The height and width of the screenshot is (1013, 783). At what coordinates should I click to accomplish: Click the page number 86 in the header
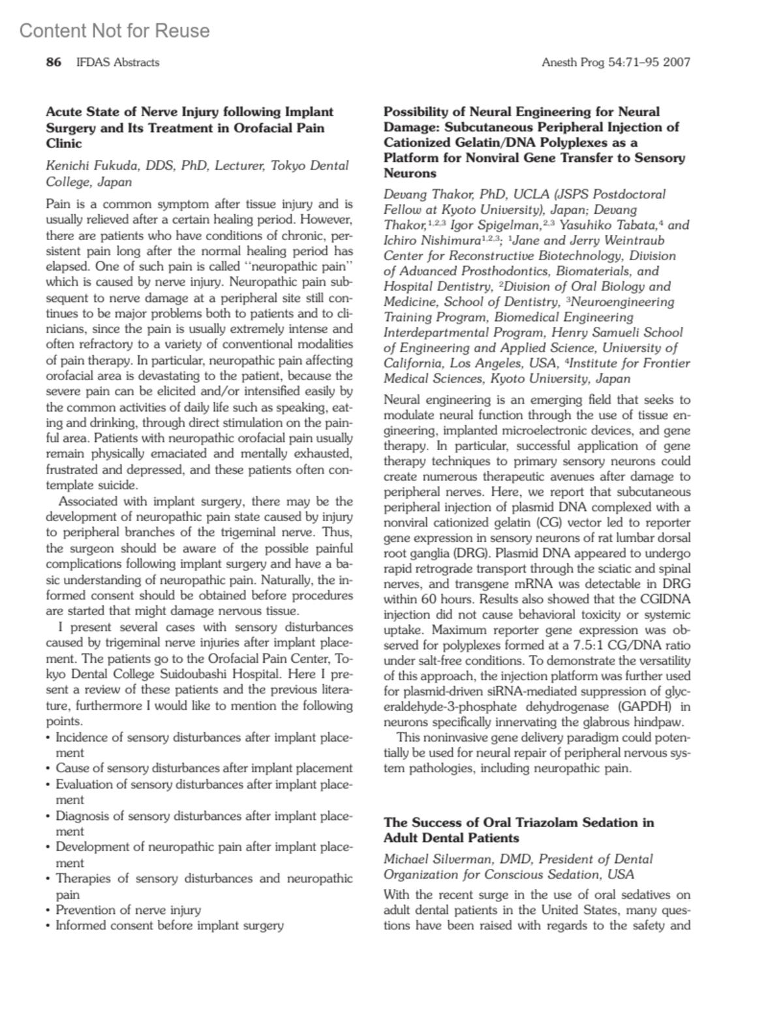coord(54,63)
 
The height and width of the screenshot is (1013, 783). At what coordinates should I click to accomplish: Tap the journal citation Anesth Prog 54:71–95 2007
coord(615,63)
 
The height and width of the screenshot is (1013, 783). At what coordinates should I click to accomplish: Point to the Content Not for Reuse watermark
coord(115,31)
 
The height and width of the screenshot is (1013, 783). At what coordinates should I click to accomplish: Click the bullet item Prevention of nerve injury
coord(128,909)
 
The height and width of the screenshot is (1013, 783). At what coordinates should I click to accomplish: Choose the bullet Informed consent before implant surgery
coord(169,925)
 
